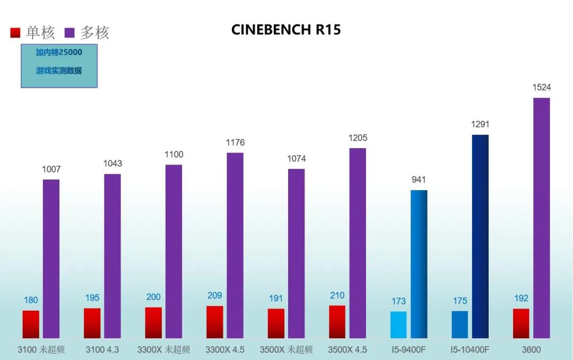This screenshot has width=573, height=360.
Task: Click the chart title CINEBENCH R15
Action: point(286,30)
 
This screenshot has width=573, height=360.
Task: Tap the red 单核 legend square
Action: point(15,33)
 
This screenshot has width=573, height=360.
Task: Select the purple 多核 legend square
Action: point(69,33)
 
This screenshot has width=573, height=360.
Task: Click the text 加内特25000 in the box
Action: point(59,53)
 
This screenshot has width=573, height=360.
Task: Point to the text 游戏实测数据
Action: point(59,70)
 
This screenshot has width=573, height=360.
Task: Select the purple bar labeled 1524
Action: point(542,218)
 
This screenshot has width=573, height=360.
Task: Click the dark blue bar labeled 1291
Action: point(480,236)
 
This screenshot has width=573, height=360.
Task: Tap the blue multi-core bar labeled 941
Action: point(419,264)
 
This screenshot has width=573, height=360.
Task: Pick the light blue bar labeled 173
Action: point(398,324)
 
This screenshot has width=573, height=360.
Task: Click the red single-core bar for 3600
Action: point(521,323)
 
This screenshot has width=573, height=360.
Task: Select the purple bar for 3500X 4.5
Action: point(358,243)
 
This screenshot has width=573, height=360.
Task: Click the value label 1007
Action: point(51,169)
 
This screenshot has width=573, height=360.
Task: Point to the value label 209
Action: point(215,296)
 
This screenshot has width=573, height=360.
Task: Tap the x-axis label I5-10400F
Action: point(470,350)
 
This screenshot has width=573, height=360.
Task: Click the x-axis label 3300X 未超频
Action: point(163,350)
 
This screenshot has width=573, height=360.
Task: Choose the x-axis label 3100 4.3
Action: point(102,350)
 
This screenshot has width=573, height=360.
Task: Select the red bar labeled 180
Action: point(31,324)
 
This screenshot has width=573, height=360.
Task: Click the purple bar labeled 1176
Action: point(235,245)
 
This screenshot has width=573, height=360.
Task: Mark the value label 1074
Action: point(296,159)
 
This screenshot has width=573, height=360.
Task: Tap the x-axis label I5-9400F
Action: point(409,350)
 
